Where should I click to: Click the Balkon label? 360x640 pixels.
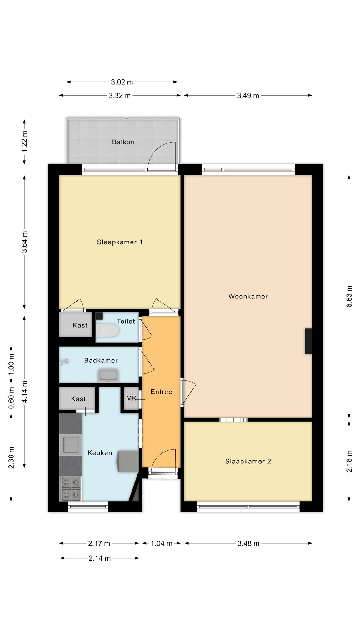tap(123, 142)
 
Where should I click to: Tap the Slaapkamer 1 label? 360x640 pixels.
tap(120, 242)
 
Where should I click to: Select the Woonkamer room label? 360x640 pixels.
tap(248, 296)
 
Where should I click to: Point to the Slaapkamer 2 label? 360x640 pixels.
tap(248, 461)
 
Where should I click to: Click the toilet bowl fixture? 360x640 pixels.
tap(107, 331)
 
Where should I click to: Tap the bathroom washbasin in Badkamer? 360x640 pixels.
tap(108, 375)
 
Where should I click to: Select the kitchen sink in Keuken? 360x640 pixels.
tap(70, 445)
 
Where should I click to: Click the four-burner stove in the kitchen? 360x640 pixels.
tap(71, 488)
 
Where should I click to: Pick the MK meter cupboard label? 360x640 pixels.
tap(131, 398)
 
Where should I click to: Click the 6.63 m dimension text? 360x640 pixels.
tap(349, 296)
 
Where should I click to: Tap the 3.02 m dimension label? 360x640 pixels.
tap(122, 82)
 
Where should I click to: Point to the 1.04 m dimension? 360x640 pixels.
tap(162, 543)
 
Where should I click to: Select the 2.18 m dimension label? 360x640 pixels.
tap(349, 461)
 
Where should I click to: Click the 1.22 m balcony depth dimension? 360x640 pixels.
tap(24, 141)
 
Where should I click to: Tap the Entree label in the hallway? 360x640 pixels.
tap(161, 392)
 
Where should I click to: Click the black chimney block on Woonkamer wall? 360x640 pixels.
tap(308, 341)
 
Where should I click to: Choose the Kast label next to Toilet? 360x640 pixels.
tap(80, 325)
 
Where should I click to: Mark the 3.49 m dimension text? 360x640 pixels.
tap(248, 96)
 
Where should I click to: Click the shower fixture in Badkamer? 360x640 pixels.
tap(64, 362)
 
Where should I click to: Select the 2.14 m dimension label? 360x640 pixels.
tap(100, 558)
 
